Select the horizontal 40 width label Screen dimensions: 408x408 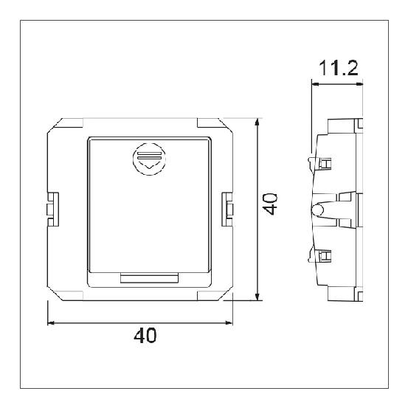145,336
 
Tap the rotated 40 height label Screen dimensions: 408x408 272,204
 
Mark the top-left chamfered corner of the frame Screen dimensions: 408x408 56,125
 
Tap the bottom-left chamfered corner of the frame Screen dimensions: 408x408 56,292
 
